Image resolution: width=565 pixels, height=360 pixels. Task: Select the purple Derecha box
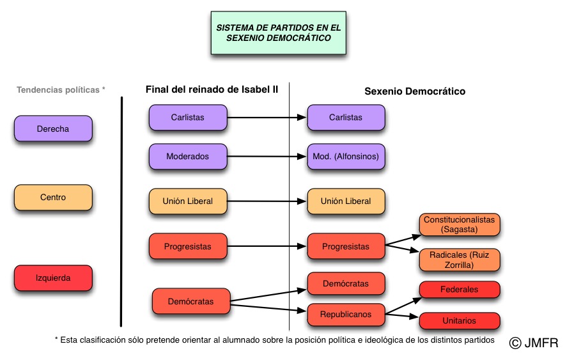tap(54, 129)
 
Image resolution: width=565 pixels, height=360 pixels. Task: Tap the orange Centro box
tap(54, 198)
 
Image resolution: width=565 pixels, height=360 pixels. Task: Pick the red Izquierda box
tap(54, 278)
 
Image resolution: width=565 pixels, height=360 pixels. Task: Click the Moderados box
tap(189, 156)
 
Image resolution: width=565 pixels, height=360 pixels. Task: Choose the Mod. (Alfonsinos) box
tap(346, 156)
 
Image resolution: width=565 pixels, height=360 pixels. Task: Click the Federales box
tap(459, 290)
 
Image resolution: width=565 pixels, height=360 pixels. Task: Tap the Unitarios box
tap(459, 320)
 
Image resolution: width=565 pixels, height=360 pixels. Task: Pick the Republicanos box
tap(346, 315)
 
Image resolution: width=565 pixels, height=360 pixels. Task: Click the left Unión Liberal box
tap(189, 201)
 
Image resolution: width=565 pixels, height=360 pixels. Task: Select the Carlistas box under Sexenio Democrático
tap(346, 117)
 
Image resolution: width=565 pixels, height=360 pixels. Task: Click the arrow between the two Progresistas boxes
tap(267, 246)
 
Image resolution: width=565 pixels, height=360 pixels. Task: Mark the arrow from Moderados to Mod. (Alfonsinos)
tap(267, 156)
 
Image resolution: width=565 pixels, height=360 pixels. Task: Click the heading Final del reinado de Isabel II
tap(212, 90)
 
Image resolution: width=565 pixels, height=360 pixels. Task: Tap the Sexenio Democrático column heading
tap(415, 91)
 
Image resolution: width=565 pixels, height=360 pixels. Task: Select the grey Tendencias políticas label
tap(61, 90)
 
